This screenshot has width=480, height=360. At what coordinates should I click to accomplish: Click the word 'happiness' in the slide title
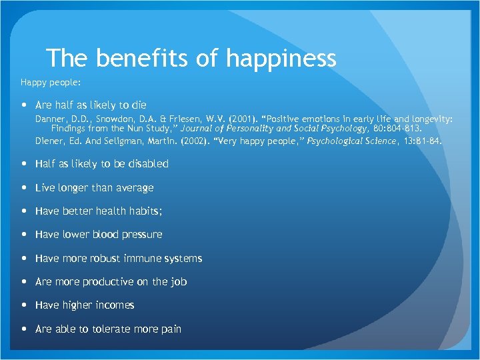[281, 59]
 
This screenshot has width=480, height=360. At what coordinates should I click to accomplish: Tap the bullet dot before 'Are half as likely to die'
[25, 105]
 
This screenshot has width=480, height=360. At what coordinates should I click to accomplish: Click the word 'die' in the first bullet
[139, 105]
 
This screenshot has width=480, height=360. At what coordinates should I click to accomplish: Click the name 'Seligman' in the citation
[125, 141]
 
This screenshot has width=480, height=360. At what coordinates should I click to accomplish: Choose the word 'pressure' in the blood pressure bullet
[143, 235]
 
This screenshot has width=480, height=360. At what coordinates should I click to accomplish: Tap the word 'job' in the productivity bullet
[179, 282]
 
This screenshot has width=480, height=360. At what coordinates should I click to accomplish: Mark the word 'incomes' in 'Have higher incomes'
[115, 305]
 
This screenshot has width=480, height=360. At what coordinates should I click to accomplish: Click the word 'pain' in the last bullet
[170, 329]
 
